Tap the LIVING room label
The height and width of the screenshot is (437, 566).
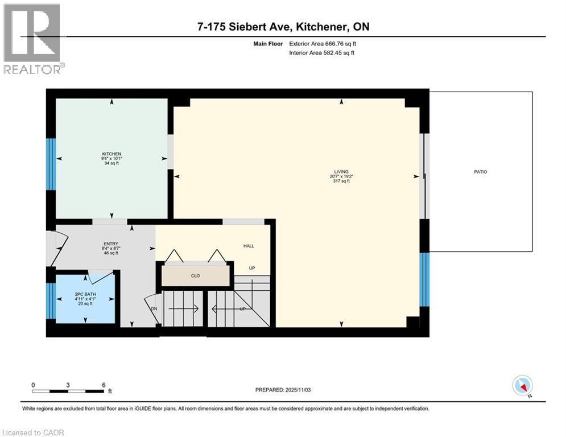pyautogui.click(x=341, y=171)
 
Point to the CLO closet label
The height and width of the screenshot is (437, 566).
pyautogui.click(x=196, y=276)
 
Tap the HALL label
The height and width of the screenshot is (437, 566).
pyautogui.click(x=249, y=246)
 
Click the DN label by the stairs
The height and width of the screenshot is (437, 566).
pyautogui.click(x=154, y=308)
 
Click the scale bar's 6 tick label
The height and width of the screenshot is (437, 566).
pyautogui.click(x=103, y=385)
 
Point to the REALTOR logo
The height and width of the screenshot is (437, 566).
pyautogui.click(x=33, y=39)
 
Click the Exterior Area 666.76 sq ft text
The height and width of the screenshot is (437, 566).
pyautogui.click(x=323, y=43)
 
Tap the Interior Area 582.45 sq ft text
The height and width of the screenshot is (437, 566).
pyautogui.click(x=323, y=53)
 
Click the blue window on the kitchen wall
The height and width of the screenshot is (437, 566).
pyautogui.click(x=51, y=164)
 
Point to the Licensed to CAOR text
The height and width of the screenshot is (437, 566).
pyautogui.click(x=33, y=432)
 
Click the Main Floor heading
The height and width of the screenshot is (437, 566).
pyautogui.click(x=269, y=43)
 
